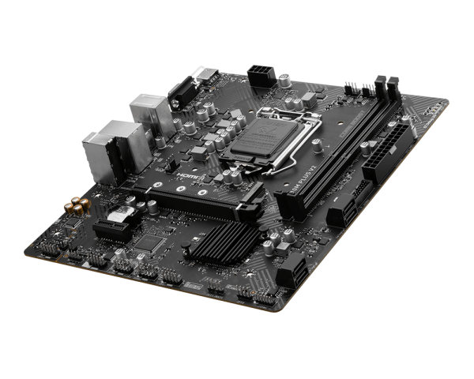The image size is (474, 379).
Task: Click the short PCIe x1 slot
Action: point(115,229)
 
